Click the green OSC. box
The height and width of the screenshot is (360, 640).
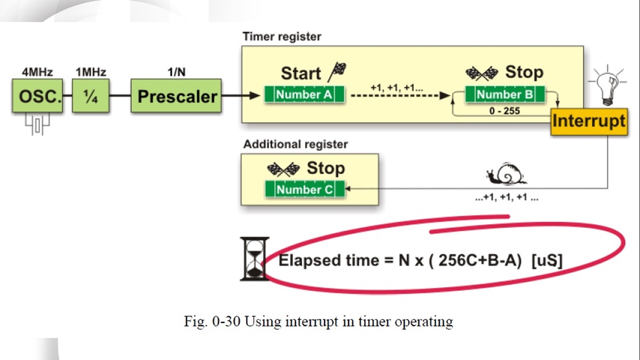pyautogui.click(x=37, y=96)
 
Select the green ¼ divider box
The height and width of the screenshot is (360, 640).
pyautogui.click(x=90, y=96)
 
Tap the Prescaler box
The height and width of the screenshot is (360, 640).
pyautogui.click(x=176, y=96)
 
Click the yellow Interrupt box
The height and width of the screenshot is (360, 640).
pyautogui.click(x=588, y=121)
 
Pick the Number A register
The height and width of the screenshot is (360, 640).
pyautogui.click(x=304, y=95)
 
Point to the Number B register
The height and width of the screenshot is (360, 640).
pyautogui.click(x=505, y=95)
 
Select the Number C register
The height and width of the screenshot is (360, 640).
pyautogui.click(x=305, y=189)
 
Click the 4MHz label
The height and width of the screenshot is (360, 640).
pyautogui.click(x=37, y=72)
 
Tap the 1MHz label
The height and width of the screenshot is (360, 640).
pyautogui.click(x=91, y=72)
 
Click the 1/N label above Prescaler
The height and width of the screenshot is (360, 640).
pyautogui.click(x=176, y=72)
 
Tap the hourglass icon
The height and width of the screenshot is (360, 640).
pyautogui.click(x=254, y=259)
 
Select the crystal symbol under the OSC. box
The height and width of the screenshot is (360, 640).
pyautogui.click(x=37, y=125)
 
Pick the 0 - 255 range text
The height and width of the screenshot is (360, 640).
pyautogui.click(x=505, y=112)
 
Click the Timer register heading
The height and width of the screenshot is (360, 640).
pyautogui.click(x=282, y=37)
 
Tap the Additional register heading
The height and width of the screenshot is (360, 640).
pyautogui.click(x=295, y=144)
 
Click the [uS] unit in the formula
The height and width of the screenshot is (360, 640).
pyautogui.click(x=547, y=260)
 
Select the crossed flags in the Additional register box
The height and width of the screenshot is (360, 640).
pyautogui.click(x=283, y=168)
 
